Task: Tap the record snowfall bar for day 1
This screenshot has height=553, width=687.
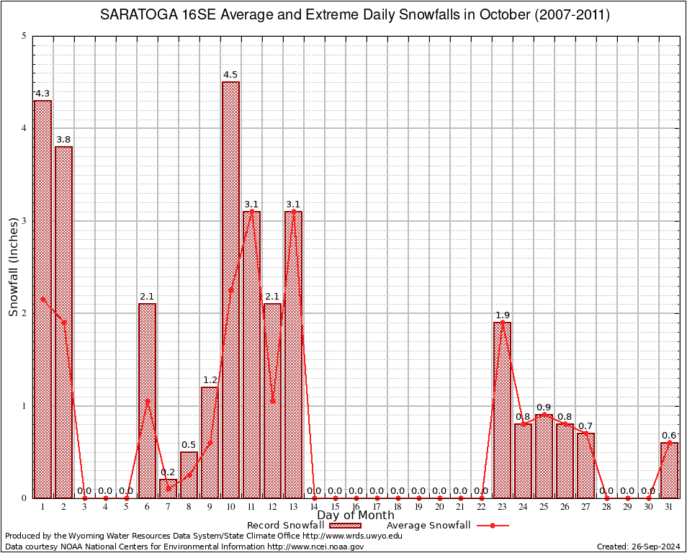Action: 43,299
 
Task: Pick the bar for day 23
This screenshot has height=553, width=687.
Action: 503,410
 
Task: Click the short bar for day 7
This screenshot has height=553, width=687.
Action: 169,489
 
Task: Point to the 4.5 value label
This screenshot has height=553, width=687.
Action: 230,75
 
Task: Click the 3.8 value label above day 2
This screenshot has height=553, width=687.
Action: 63,140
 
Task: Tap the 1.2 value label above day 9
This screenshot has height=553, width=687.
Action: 210,380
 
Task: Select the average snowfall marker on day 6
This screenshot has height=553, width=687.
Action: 148,401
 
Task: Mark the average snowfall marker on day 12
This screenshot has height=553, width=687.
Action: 273,401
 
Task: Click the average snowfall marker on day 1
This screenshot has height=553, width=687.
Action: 43,299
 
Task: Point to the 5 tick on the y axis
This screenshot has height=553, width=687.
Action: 24,36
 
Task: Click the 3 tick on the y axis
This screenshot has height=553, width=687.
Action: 24,221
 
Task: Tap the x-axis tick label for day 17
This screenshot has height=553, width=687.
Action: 377,507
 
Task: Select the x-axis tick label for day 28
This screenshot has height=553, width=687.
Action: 607,507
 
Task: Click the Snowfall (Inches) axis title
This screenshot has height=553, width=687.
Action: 14,267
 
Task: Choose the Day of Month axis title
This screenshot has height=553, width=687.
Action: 356,516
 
